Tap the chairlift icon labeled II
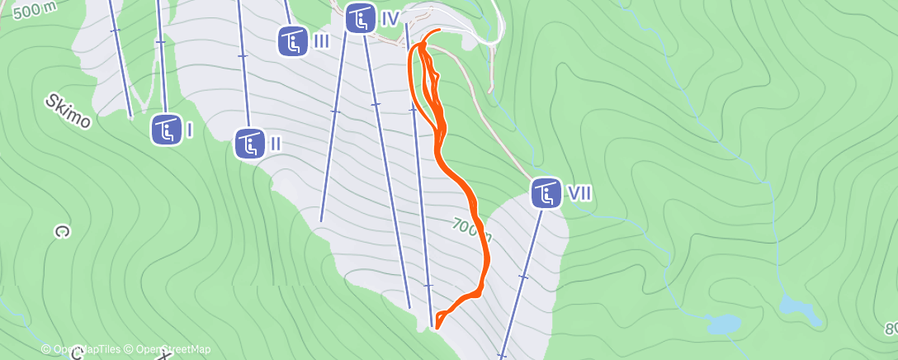point(249,144)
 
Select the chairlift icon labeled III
point(293,40)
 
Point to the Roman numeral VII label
point(579,194)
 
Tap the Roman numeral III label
point(322,40)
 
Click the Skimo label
point(69,110)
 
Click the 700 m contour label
point(473,230)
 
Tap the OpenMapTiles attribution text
point(81,350)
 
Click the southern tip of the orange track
point(437,327)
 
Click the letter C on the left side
point(59,232)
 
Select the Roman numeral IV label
point(390,18)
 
